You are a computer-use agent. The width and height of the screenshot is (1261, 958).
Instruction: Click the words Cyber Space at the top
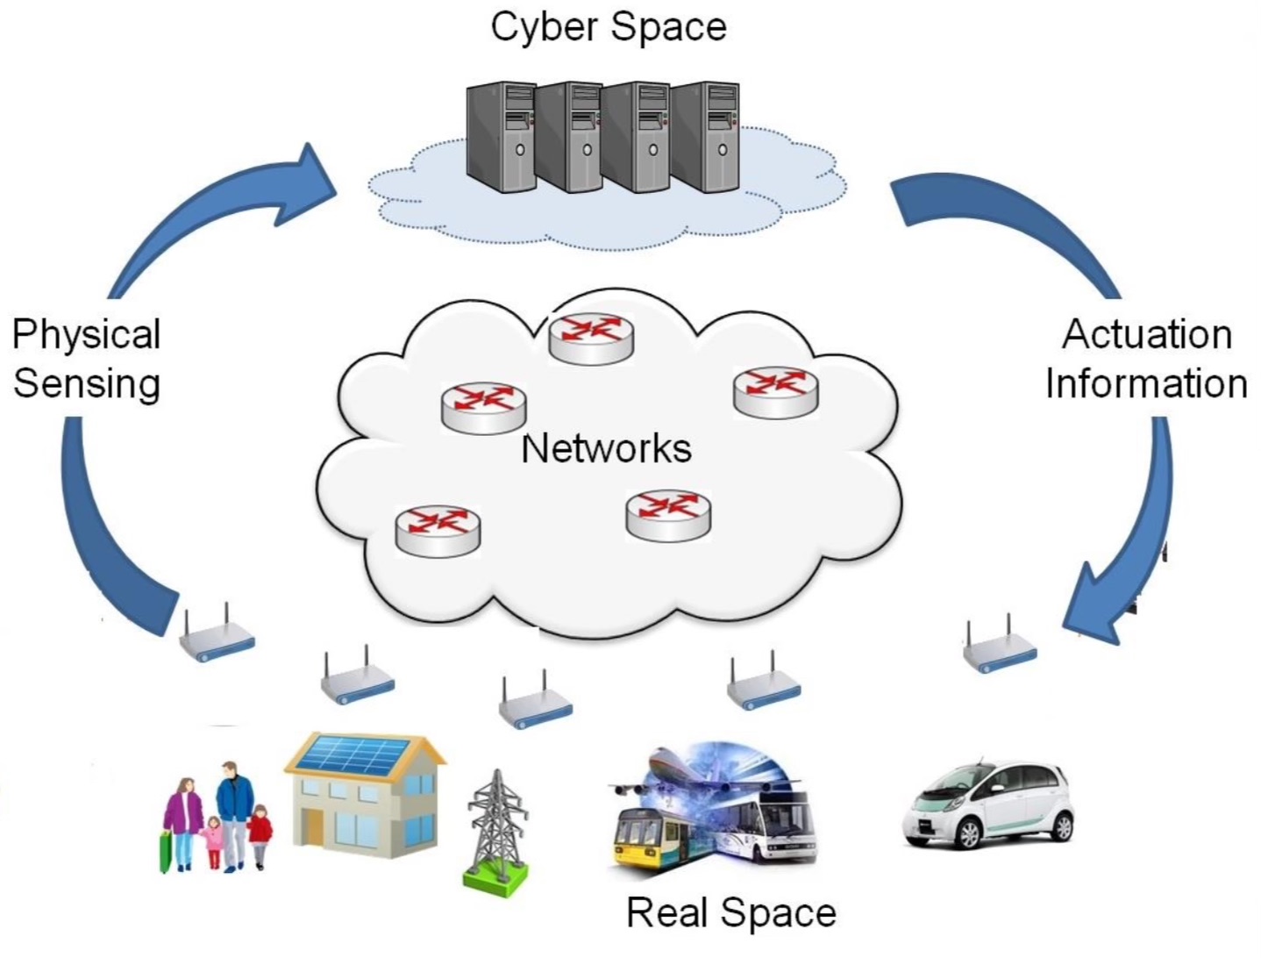tap(608, 26)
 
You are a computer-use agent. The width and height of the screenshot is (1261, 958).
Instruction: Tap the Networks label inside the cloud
tap(606, 448)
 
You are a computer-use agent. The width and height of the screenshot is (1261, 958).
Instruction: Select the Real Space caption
tap(730, 912)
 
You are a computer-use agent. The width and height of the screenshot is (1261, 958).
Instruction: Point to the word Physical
tap(86, 334)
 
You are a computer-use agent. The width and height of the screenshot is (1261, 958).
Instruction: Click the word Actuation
tap(1147, 334)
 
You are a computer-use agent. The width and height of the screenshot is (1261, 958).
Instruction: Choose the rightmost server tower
tap(707, 136)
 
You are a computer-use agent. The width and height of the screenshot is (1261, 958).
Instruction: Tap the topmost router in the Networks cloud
tap(591, 338)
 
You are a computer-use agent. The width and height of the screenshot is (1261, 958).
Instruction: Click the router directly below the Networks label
tap(668, 515)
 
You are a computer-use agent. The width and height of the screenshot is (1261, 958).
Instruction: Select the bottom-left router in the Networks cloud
tap(438, 530)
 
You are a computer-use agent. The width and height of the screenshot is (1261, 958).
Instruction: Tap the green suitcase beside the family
tap(165, 852)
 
